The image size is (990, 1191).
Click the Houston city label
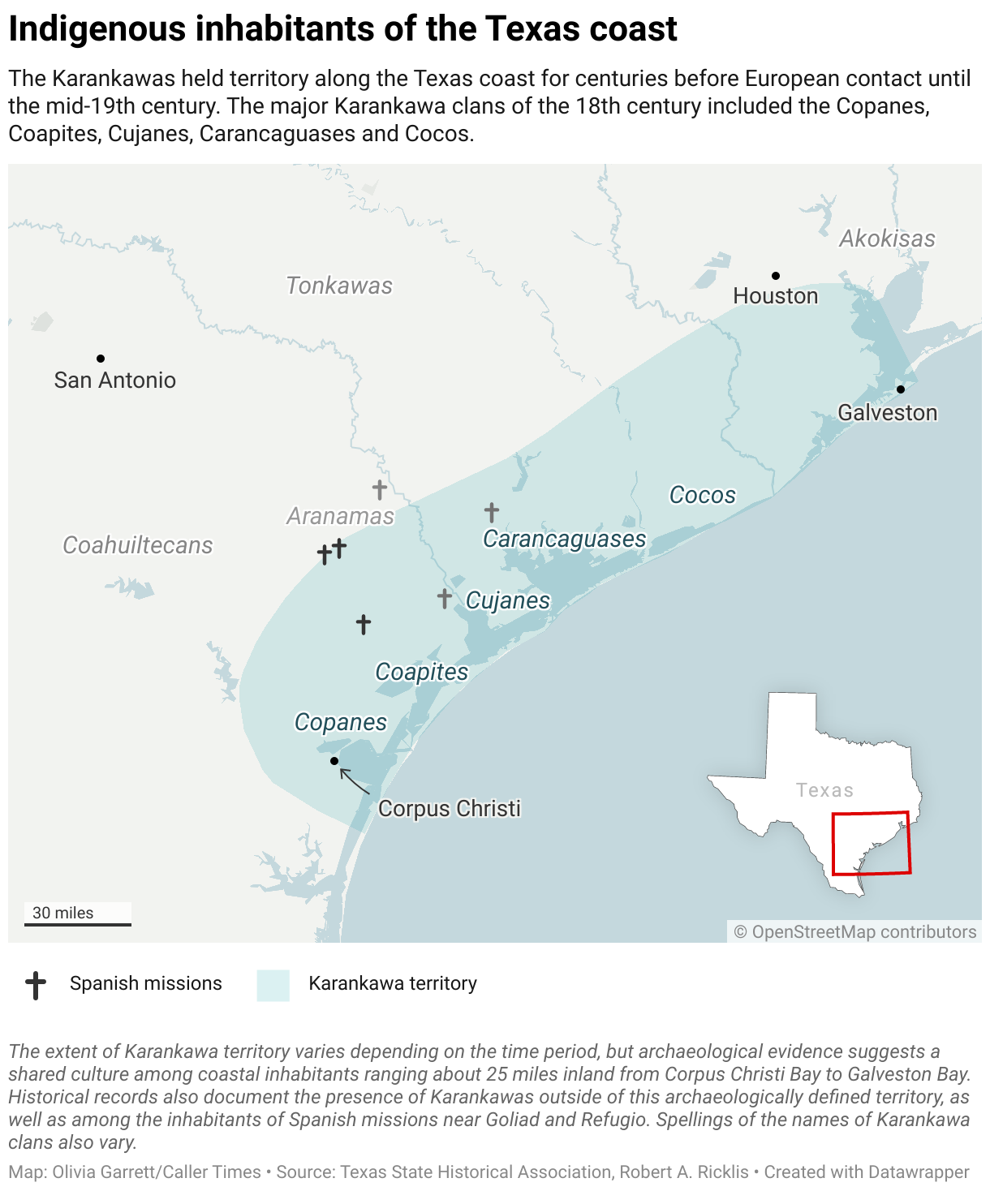coord(775,296)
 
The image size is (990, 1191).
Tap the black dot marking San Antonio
coord(101,359)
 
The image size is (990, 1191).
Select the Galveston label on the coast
coord(887,413)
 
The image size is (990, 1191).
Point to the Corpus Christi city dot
coord(334,761)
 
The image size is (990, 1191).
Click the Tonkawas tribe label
coord(339,286)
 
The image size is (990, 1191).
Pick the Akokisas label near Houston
coord(887,239)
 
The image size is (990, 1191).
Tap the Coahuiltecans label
coord(138,545)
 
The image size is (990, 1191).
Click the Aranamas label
coord(340,516)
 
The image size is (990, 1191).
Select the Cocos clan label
coord(703,495)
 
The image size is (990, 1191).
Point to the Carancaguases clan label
coord(565,539)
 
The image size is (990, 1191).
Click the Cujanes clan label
coord(508,600)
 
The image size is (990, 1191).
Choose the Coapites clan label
coord(422,672)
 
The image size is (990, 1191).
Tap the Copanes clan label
coord(341,722)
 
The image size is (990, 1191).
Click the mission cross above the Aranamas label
coord(380,489)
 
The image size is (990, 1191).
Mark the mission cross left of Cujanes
coord(445,599)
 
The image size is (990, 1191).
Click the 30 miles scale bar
coord(78,923)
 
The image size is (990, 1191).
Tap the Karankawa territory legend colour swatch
coord(273,985)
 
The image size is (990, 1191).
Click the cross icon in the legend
coord(36,985)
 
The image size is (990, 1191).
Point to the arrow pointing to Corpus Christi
coord(354,780)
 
